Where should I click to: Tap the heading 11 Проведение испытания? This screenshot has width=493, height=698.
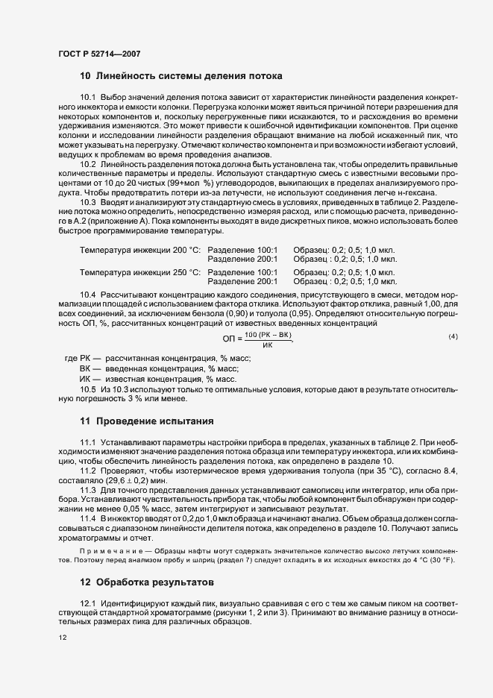146,421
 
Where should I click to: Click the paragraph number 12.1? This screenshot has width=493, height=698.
88,601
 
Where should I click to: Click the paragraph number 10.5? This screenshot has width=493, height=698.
88,389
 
